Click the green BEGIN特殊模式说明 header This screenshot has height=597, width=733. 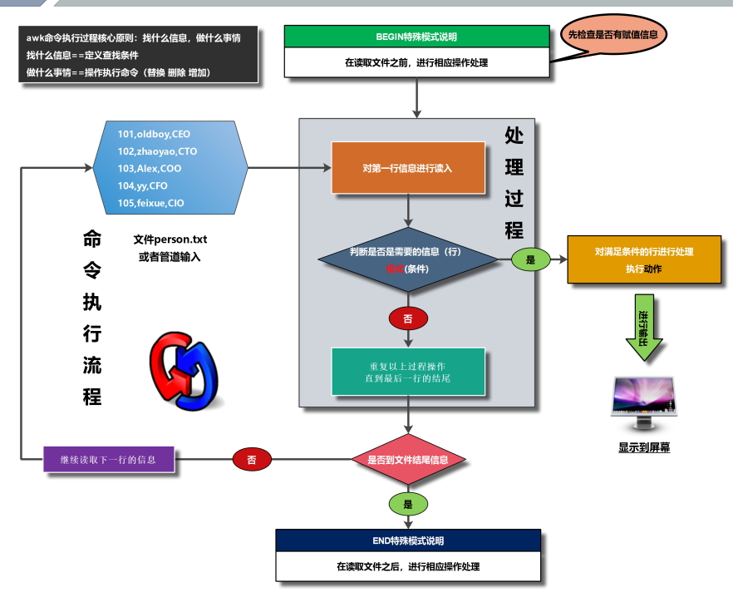coord(416,37)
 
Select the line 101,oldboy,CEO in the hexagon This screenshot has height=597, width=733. coord(154,134)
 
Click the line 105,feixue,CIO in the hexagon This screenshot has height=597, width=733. coord(151,203)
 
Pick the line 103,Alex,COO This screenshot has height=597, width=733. coord(150,169)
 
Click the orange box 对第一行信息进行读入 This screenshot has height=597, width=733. coord(407,168)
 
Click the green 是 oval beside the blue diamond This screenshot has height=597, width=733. coord(531,260)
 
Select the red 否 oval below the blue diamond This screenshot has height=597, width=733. coord(407,318)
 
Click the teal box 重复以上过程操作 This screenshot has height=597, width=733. coord(407,372)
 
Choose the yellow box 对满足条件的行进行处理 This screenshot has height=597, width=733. coord(644,259)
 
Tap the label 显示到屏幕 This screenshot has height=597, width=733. coord(644,447)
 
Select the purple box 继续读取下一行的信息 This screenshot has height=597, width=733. coord(111,459)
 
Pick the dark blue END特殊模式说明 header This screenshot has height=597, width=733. coord(407,540)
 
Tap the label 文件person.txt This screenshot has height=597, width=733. coord(170,239)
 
